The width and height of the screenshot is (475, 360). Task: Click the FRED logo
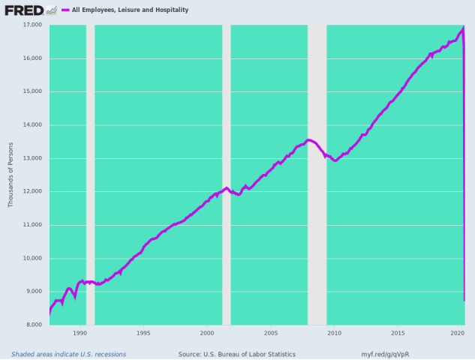point(24,10)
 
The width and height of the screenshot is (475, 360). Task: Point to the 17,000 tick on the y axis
point(31,25)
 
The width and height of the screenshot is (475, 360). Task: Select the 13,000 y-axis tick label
point(31,158)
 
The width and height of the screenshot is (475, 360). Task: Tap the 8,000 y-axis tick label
point(33,325)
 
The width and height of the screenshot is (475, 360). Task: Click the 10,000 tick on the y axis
point(31,258)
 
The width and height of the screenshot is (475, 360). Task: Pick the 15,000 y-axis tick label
point(31,91)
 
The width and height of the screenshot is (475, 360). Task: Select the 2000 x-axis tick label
point(207,332)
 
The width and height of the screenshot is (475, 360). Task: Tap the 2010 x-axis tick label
point(335,332)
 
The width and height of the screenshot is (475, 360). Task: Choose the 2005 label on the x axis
point(271,332)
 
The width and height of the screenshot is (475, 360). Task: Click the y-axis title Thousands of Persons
point(10,174)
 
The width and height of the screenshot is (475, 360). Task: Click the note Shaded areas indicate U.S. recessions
point(68,354)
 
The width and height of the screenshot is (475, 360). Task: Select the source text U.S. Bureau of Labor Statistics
point(236,354)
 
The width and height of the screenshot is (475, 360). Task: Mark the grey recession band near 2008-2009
point(317,225)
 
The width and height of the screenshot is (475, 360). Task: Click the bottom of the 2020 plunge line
point(464,300)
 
